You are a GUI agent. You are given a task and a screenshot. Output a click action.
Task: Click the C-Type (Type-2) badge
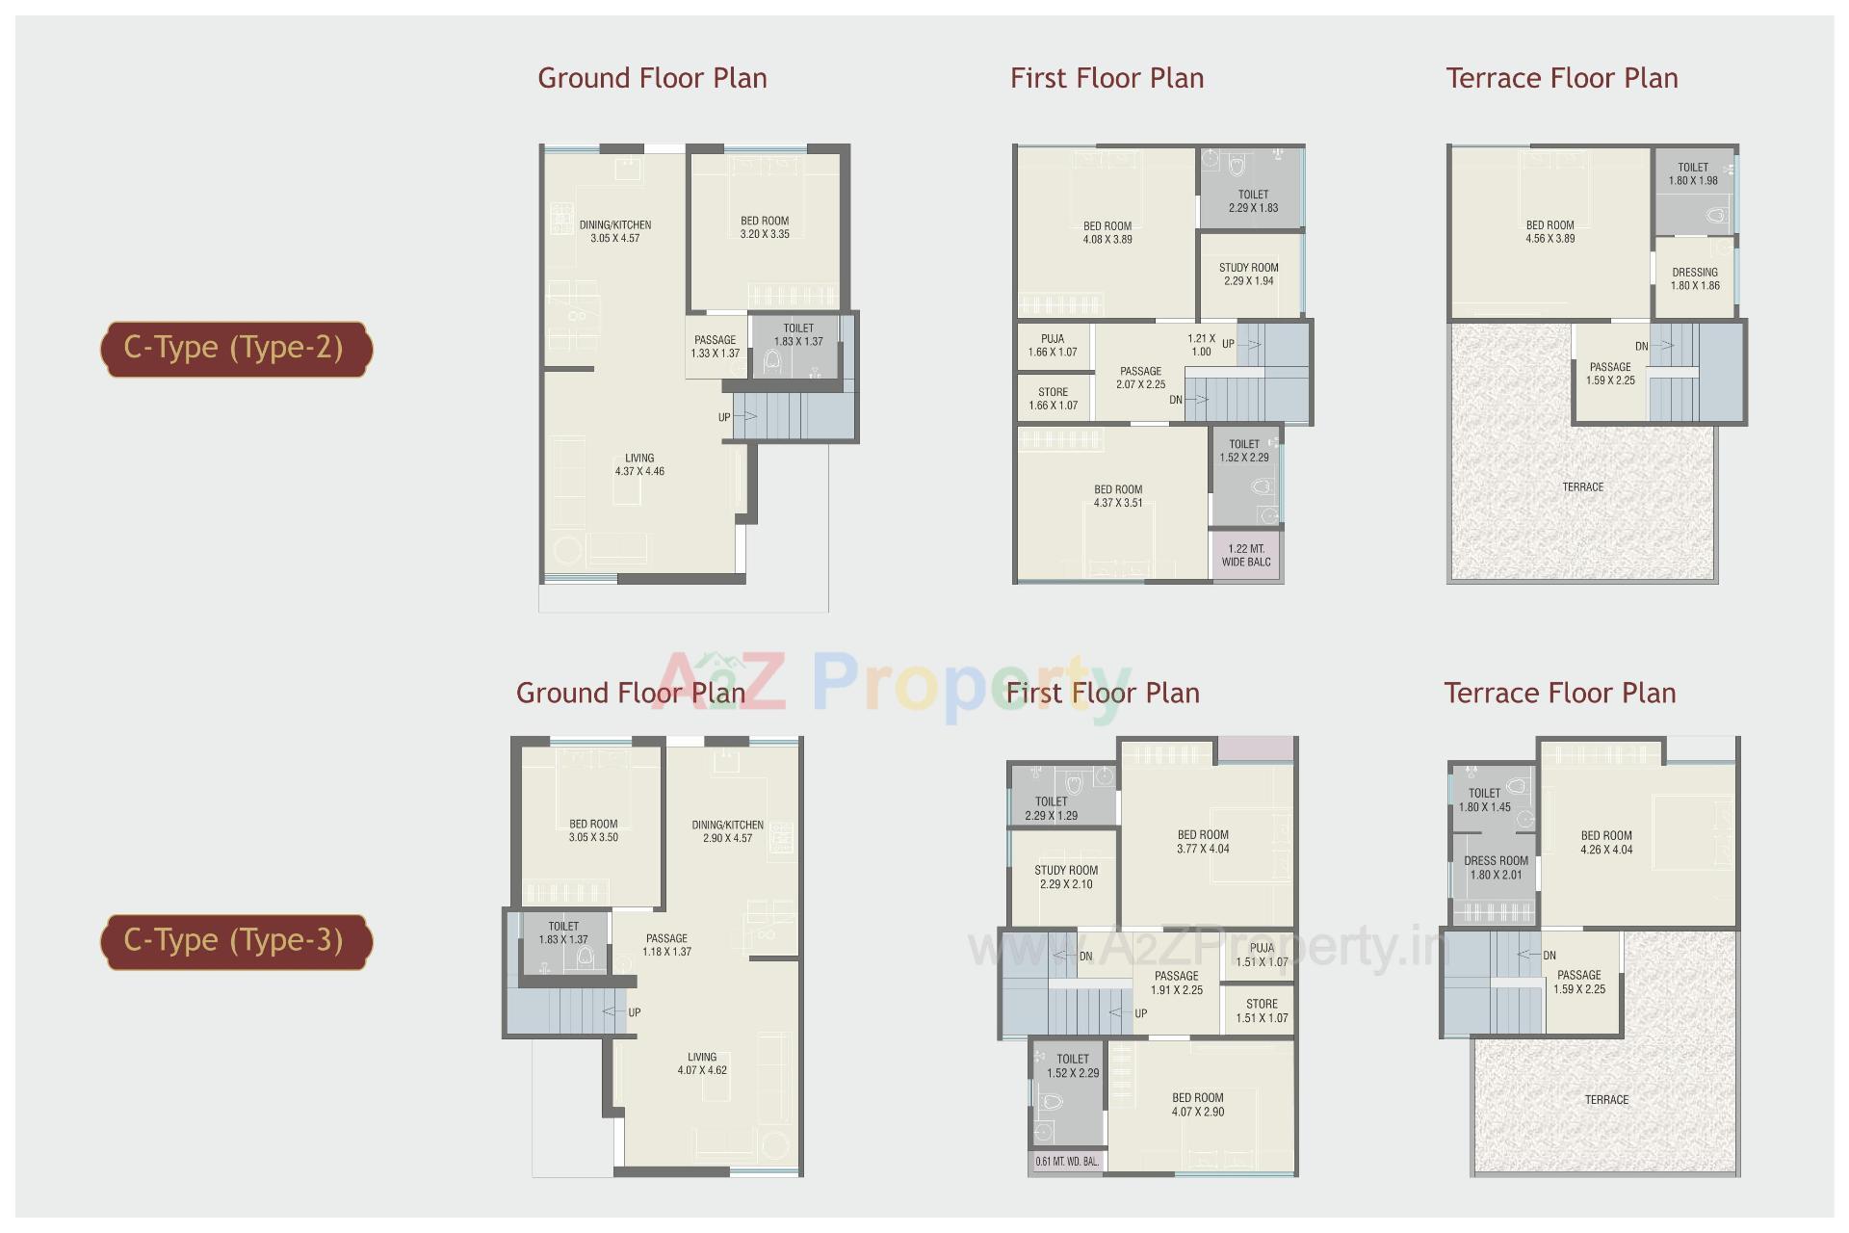[x=235, y=349]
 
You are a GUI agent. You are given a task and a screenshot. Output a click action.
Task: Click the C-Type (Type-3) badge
[x=235, y=941]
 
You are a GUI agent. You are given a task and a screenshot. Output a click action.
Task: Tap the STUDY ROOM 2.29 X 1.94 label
[x=1249, y=275]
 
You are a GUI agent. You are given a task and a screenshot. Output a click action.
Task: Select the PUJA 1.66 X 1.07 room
[x=1053, y=346]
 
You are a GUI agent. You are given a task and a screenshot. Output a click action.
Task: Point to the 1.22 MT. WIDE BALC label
[x=1246, y=556]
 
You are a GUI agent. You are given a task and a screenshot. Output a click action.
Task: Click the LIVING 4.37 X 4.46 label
[x=639, y=465]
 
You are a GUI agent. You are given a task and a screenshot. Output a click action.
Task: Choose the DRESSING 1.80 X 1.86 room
[x=1695, y=279]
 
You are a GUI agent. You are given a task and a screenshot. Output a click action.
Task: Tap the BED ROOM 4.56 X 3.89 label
[x=1550, y=232]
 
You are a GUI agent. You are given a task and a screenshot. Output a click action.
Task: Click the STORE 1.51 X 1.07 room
[x=1262, y=1010]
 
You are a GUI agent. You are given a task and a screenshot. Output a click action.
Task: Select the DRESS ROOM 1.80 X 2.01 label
[x=1496, y=868]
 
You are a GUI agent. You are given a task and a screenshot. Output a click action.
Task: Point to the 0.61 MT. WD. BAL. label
[x=1067, y=1162]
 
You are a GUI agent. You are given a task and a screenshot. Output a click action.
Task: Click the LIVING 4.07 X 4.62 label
[x=702, y=1063]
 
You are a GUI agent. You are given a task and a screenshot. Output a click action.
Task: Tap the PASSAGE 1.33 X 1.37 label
[x=715, y=347]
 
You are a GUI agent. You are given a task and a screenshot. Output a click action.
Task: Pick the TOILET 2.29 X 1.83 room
[x=1253, y=201]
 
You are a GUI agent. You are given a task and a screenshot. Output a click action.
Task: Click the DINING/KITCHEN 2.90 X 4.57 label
[x=727, y=831]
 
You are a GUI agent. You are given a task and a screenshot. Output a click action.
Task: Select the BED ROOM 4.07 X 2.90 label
[x=1198, y=1105]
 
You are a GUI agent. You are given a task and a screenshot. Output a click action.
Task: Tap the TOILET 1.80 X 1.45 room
[x=1484, y=800]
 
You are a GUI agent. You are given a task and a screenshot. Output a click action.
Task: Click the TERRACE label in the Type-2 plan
[x=1583, y=487]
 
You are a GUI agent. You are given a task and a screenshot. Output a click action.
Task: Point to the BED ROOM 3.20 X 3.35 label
[x=765, y=227]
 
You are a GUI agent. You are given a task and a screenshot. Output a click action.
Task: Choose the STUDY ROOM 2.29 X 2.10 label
[x=1066, y=877]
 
